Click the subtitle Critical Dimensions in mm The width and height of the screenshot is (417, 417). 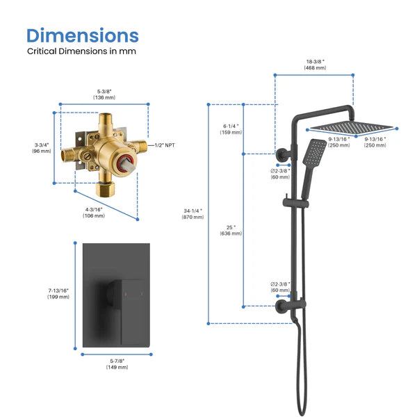pyautogui.click(x=81, y=51)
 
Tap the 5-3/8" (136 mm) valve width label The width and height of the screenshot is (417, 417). pyautogui.click(x=104, y=94)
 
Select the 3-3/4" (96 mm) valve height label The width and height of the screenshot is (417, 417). pyautogui.click(x=42, y=147)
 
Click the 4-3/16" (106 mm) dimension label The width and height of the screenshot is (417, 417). pyautogui.click(x=95, y=211)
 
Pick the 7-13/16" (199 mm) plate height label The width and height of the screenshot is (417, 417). pyautogui.click(x=58, y=293)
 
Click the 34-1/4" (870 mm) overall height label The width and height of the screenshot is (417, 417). pyautogui.click(x=193, y=213)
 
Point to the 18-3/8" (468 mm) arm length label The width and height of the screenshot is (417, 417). pyautogui.click(x=314, y=65)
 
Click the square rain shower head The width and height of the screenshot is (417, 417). pyautogui.click(x=352, y=127)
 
